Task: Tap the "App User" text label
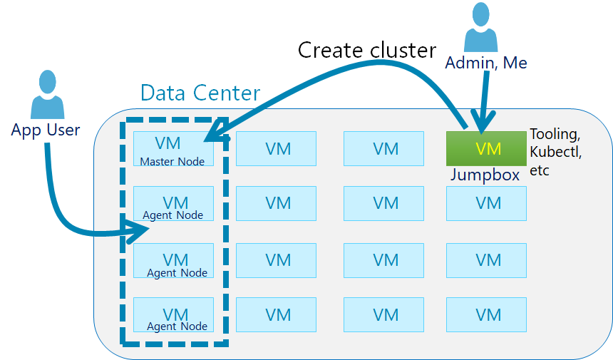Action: (x=46, y=130)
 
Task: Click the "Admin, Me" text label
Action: (x=486, y=63)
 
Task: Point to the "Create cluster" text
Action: (x=366, y=50)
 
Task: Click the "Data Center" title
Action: (x=200, y=93)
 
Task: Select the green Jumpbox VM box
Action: (x=486, y=148)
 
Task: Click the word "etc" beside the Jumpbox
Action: (x=540, y=170)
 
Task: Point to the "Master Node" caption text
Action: (x=172, y=162)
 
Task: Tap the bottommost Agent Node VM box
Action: (x=173, y=314)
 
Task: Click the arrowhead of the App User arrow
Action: (x=140, y=230)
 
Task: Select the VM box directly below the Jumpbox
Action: (x=486, y=203)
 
